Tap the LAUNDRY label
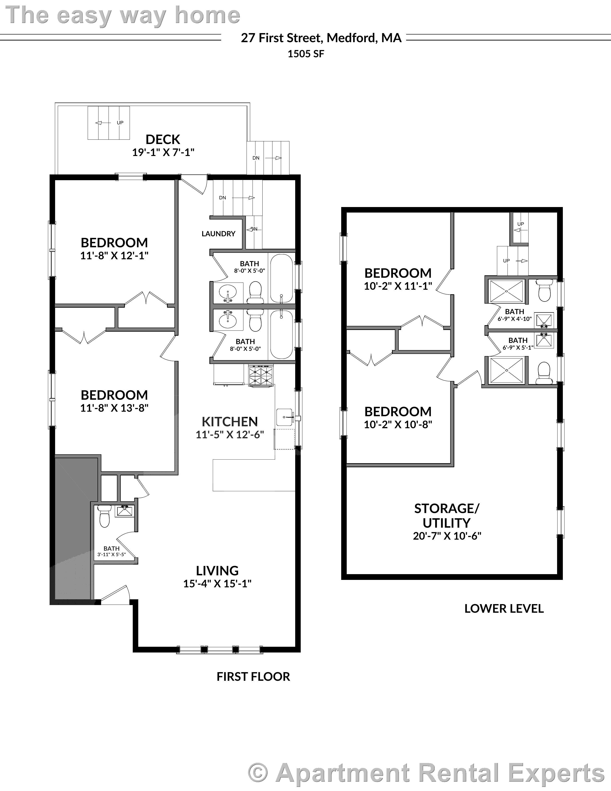click(x=218, y=234)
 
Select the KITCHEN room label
click(x=230, y=421)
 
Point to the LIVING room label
click(x=217, y=571)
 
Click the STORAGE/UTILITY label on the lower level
click(x=447, y=516)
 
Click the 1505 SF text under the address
click(x=306, y=54)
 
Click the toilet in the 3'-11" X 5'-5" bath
click(x=104, y=516)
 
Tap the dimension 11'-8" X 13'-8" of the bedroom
click(x=115, y=408)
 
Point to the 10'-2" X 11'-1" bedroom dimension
click(x=398, y=286)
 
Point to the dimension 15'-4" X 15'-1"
click(x=217, y=584)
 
